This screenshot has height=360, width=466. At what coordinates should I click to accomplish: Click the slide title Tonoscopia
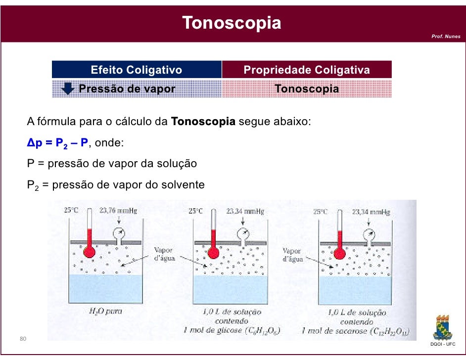click(x=232, y=23)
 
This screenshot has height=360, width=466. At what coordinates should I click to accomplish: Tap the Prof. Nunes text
click(x=446, y=36)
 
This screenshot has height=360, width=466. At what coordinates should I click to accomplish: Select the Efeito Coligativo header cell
click(x=137, y=70)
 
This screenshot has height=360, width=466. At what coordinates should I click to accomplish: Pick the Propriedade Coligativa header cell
click(x=307, y=70)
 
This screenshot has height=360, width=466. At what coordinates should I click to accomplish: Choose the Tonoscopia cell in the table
click(x=307, y=89)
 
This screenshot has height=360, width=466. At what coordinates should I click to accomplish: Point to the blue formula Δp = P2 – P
click(x=57, y=143)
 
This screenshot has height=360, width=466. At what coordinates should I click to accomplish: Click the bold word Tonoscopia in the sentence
click(x=203, y=122)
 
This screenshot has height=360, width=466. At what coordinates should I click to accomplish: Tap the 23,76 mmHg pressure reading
click(x=118, y=211)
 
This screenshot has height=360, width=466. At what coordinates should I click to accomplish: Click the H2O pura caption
click(x=105, y=312)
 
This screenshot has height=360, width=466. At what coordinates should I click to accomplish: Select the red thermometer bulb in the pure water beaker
click(x=90, y=252)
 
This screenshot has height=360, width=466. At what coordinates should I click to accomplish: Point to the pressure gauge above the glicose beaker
click(x=243, y=233)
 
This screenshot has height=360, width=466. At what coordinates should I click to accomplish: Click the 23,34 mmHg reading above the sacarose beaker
click(x=372, y=212)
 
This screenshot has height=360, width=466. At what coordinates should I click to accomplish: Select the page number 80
click(x=23, y=339)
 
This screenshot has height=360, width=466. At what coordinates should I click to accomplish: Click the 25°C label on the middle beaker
click(x=196, y=211)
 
